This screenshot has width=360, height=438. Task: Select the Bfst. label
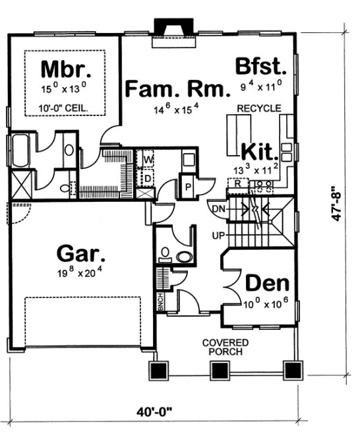pos(261,66)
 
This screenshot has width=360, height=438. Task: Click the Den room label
pos(268,284)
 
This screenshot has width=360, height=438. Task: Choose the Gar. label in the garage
pos(82,253)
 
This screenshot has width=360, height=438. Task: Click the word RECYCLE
pos(260,108)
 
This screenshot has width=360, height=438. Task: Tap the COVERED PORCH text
pos(225,347)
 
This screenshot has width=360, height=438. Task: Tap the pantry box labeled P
pos(188,187)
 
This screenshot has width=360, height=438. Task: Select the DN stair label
pos(219,209)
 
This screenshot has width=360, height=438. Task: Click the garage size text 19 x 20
pos(82,269)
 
